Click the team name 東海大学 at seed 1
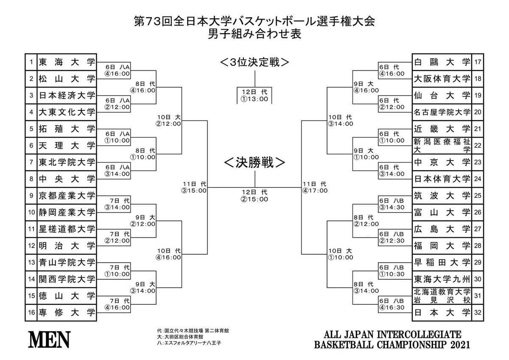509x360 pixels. pos(67,62)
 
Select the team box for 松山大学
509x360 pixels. pos(67,79)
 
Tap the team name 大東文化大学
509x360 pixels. pos(67,112)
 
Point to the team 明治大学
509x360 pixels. pos(67,245)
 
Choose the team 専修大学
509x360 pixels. pos(67,312)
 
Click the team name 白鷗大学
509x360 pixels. pos(442,62)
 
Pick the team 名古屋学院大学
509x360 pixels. pos(442,112)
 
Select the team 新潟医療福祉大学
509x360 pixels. pos(442,145)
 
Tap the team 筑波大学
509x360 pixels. pos(442,195)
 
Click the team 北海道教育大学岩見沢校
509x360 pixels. pos(442,295)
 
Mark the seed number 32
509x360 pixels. pos(478,312)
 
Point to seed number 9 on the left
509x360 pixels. pos(31,195)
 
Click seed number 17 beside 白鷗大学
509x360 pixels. pos(478,62)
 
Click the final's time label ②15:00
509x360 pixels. pos(255,199)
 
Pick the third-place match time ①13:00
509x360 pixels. pos(255,98)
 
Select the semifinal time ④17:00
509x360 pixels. pos(315,191)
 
